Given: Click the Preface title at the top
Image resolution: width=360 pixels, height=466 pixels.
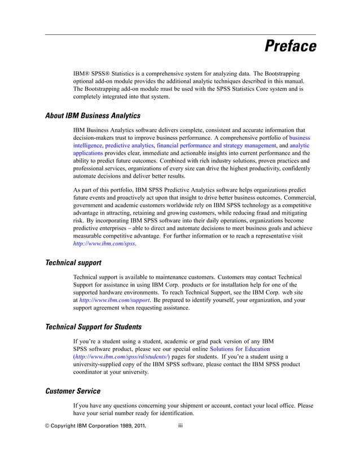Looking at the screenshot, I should click(291, 47).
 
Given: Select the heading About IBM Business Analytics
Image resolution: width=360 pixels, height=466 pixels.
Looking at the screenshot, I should click(93, 116).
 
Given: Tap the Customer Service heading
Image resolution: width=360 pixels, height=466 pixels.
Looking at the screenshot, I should click(73, 390).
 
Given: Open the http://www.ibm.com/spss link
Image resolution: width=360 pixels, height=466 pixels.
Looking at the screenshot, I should click(104, 244).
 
